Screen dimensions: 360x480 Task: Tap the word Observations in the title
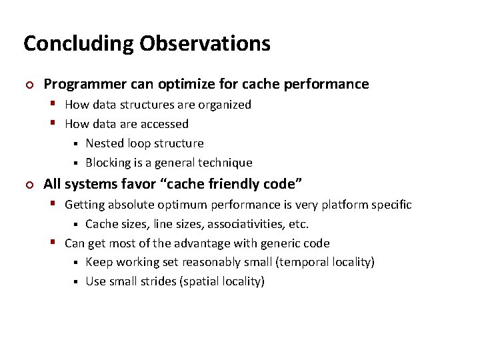[x=205, y=44]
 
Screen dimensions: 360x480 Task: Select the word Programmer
[x=79, y=84]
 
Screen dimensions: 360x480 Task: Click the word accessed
[x=165, y=124]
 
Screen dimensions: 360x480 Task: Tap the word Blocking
[x=108, y=163]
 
